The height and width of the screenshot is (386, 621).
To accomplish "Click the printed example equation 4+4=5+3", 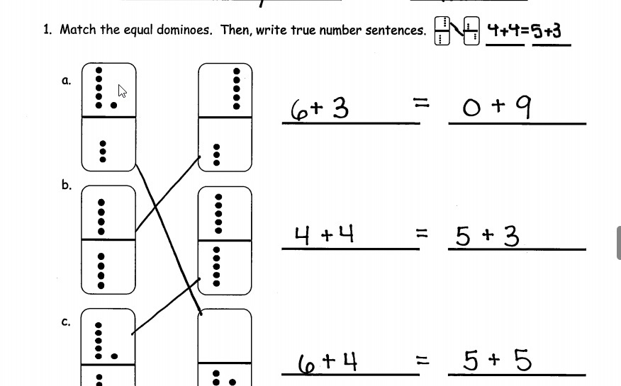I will pos(527,31).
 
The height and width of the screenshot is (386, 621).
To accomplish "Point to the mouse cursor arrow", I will pos(122,91).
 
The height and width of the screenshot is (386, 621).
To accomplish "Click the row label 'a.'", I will pos(66,81).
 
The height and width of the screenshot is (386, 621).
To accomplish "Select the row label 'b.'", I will pos(66,186).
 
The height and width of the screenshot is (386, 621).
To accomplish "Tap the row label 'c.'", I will pos(66,322).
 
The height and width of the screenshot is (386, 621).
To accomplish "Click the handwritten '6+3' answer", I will pos(320,109).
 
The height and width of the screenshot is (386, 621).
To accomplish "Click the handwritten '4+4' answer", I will pos(324,234).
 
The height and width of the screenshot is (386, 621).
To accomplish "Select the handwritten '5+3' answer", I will pos(487,237).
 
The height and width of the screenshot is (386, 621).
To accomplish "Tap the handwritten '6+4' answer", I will pos(327,362).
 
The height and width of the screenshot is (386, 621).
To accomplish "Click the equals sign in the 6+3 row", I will pos(423,103).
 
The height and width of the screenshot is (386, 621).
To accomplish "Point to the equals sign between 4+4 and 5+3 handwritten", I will pos(423,232).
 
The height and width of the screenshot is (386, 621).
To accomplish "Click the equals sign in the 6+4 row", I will pos(423,361).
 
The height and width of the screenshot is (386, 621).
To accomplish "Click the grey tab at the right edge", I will pos(619,243).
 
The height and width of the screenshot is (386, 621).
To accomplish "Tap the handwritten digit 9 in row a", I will pos(522,107).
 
